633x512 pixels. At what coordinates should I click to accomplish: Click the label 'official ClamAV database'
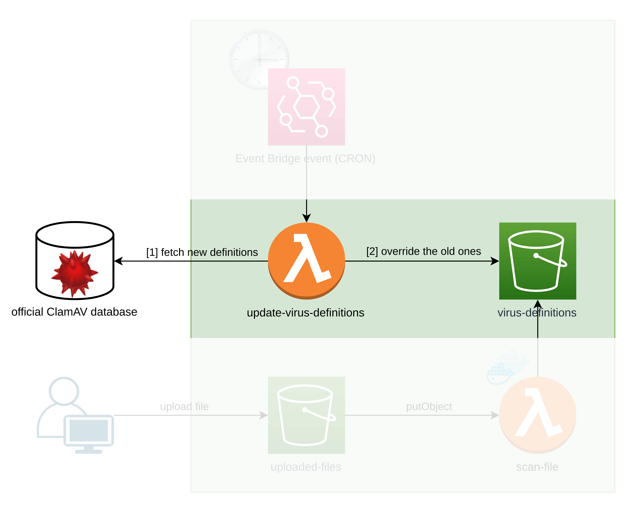(x=74, y=312)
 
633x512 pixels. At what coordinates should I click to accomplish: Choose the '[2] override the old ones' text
(x=424, y=251)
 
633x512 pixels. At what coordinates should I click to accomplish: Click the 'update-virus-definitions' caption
(x=306, y=313)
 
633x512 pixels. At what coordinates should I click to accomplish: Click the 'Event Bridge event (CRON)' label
(x=305, y=159)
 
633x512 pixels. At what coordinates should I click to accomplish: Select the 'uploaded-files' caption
(x=306, y=467)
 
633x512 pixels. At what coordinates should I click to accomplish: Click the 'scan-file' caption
(x=537, y=467)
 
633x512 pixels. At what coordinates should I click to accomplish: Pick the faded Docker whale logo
(x=508, y=367)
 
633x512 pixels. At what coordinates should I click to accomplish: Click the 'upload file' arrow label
(x=184, y=406)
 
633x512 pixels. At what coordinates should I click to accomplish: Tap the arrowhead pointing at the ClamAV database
(x=118, y=261)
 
